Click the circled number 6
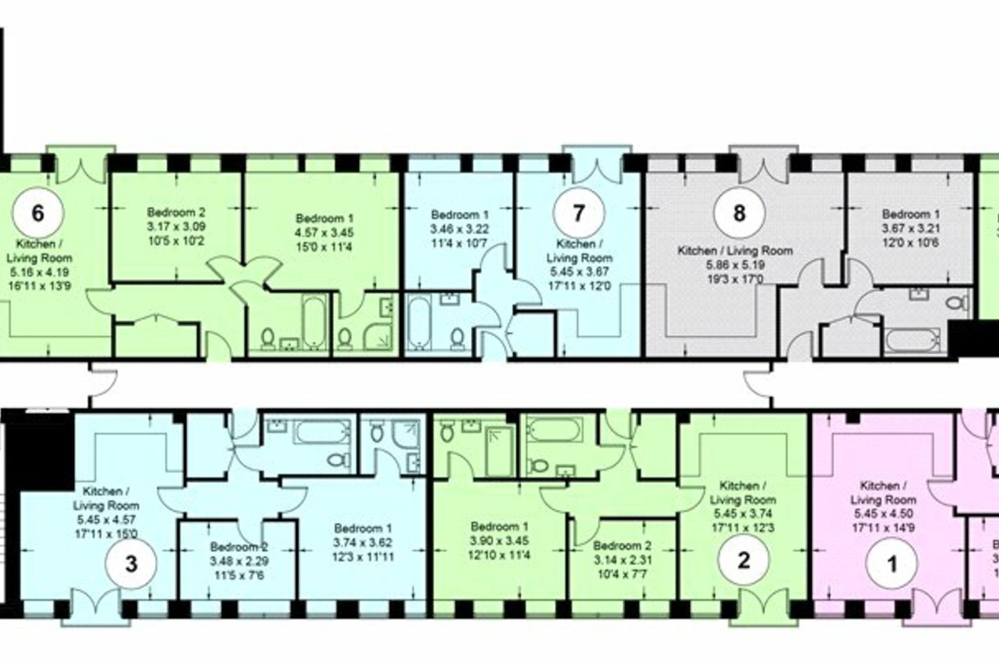[x=39, y=213]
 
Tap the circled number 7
[x=579, y=213]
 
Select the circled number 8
[x=739, y=213]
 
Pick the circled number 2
[x=744, y=560]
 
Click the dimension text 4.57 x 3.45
[x=325, y=233]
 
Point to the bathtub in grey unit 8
[x=916, y=340]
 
